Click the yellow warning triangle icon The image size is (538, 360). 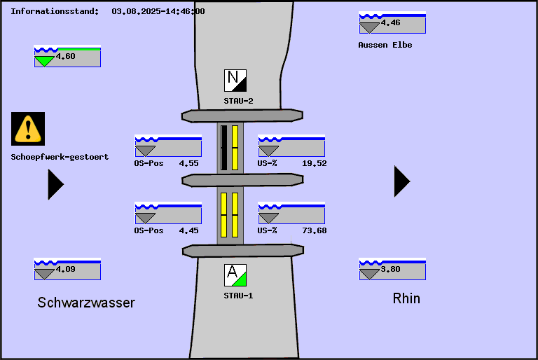pos(28,129)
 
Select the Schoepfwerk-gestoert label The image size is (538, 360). pos(60,157)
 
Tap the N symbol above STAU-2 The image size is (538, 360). pos(235,81)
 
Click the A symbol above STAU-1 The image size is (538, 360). pos(235,275)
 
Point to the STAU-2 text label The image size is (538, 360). pos(238,101)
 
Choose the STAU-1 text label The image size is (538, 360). pos(238,296)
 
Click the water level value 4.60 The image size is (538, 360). pos(66,57)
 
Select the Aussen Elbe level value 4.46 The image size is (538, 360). pos(391,23)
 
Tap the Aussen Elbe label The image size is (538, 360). pos(385,45)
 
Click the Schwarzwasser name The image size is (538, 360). pos(86,303)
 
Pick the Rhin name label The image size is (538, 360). pos(406,298)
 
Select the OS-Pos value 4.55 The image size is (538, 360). pos(188,163)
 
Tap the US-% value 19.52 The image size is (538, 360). pos(314,163)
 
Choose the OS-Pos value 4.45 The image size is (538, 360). pos(188,230)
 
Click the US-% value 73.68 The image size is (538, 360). pos(314,230)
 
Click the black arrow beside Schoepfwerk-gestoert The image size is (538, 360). pos(55,184)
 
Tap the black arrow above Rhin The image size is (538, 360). pos(401,181)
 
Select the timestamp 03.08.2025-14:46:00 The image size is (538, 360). pos(158,11)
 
